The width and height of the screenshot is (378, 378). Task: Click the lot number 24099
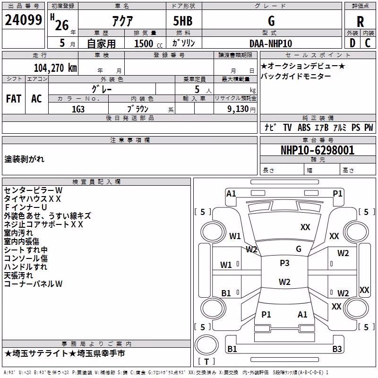pos(23,20)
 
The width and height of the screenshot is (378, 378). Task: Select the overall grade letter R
pos(360,22)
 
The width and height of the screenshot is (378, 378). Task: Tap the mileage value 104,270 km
pos(55,68)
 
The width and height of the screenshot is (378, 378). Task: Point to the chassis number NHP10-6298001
pos(318,150)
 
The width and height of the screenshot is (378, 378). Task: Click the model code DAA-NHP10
pos(271,43)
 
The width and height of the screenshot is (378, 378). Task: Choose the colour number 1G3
pos(78,109)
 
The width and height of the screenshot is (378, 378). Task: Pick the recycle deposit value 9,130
pos(238,109)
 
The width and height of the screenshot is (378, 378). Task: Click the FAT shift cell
pos(14,99)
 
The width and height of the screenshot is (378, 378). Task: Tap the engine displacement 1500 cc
pos(148,43)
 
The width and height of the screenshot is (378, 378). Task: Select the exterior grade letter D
pos(352,43)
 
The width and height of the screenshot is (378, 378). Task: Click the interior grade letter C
pos(368,43)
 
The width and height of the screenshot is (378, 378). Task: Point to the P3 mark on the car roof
pos(284,263)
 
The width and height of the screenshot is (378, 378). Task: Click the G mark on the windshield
pos(299,249)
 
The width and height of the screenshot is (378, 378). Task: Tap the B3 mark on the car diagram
pos(337,349)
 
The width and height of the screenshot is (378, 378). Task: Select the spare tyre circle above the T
pos(206,345)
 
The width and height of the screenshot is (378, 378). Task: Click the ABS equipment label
pos(304,127)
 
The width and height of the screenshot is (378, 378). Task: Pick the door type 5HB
pos(183,21)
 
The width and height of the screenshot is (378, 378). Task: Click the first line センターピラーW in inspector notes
pos(33,190)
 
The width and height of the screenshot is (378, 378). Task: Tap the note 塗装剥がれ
pos(25,159)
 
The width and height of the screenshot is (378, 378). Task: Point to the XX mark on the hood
pos(305,227)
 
